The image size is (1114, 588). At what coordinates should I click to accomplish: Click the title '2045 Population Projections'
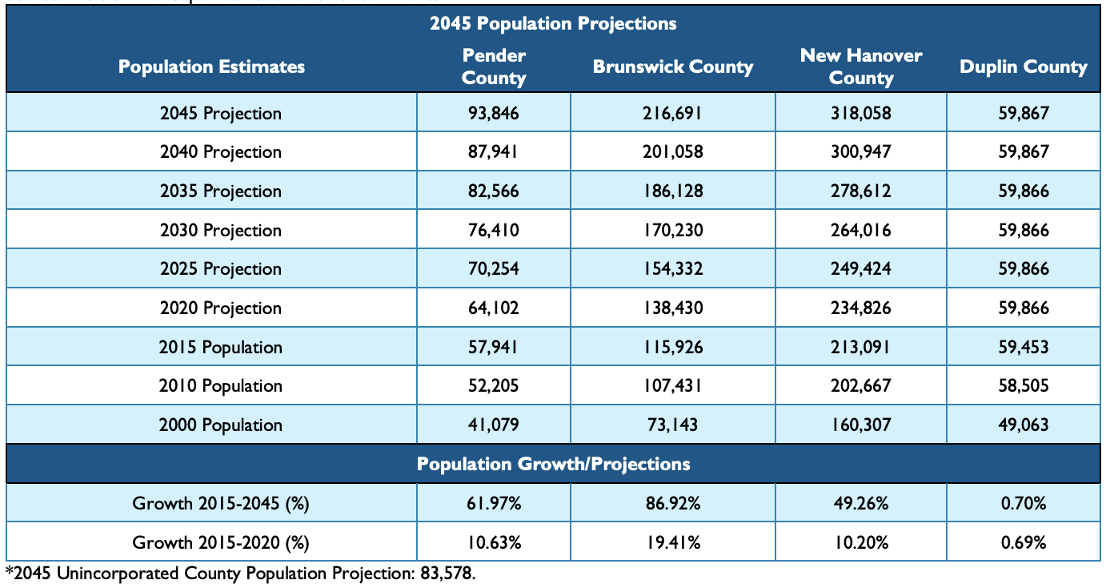553,23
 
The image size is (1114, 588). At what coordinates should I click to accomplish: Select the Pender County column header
494,66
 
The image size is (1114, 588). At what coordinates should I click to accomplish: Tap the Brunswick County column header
672,66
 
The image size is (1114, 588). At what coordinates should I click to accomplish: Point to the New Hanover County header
860,66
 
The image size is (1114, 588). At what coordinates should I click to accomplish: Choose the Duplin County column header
1024,67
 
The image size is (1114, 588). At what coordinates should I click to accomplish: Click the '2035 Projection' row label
221,191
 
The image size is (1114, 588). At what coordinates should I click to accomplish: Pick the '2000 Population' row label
221,425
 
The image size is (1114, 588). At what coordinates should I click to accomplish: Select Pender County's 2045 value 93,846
494,113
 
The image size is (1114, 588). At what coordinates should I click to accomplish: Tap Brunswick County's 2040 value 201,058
672,152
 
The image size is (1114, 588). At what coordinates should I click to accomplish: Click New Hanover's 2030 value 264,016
860,230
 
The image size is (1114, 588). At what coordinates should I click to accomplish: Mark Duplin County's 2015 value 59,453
1024,347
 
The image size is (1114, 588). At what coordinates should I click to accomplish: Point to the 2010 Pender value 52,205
494,385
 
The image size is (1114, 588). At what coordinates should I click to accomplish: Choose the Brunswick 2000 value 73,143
672,425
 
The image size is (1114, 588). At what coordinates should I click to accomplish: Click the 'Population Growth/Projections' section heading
553,464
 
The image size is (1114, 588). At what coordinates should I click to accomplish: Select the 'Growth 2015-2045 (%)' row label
221,503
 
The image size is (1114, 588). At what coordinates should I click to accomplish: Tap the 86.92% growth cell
672,503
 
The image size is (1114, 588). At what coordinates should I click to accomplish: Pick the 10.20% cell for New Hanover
860,542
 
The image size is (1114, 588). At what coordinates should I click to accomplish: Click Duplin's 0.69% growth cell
1024,542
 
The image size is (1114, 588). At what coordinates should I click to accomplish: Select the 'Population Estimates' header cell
211,66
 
